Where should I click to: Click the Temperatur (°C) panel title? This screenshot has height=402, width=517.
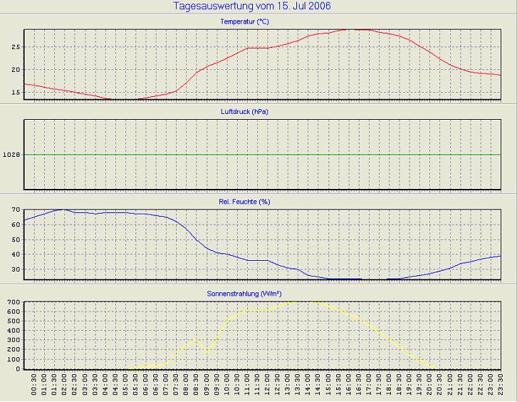coord(244,22)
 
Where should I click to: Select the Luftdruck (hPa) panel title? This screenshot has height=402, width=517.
coord(244,112)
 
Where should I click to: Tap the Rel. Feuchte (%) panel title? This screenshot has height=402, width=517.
coord(244,202)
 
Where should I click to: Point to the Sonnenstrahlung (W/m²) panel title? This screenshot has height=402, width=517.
coord(244,293)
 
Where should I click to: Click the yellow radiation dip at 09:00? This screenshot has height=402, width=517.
coord(207,352)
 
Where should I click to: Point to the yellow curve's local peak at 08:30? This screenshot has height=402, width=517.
coord(197,339)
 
